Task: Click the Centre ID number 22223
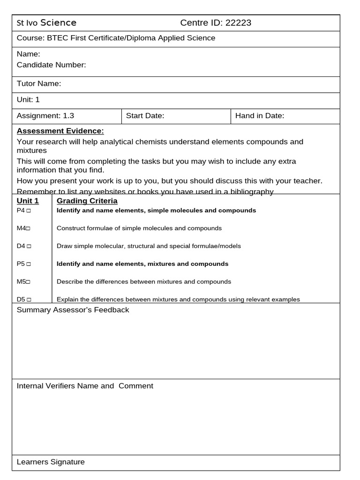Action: coord(238,23)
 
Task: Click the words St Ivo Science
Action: coord(46,23)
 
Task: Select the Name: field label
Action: coord(28,54)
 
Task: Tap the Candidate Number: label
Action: coord(51,65)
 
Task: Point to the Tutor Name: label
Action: coord(39,84)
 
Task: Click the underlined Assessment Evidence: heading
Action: coord(60,131)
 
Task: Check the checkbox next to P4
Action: coord(29,211)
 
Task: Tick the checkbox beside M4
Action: coord(29,229)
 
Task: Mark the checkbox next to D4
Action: coord(29,247)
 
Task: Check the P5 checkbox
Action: coord(29,264)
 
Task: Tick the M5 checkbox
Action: coord(29,282)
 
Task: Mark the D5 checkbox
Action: coord(29,300)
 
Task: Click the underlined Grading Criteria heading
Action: coord(87,201)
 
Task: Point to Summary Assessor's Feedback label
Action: coord(73,310)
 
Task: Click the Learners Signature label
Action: coord(51,462)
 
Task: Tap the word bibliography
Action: coord(249,191)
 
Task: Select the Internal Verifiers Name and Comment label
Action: coord(85,386)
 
